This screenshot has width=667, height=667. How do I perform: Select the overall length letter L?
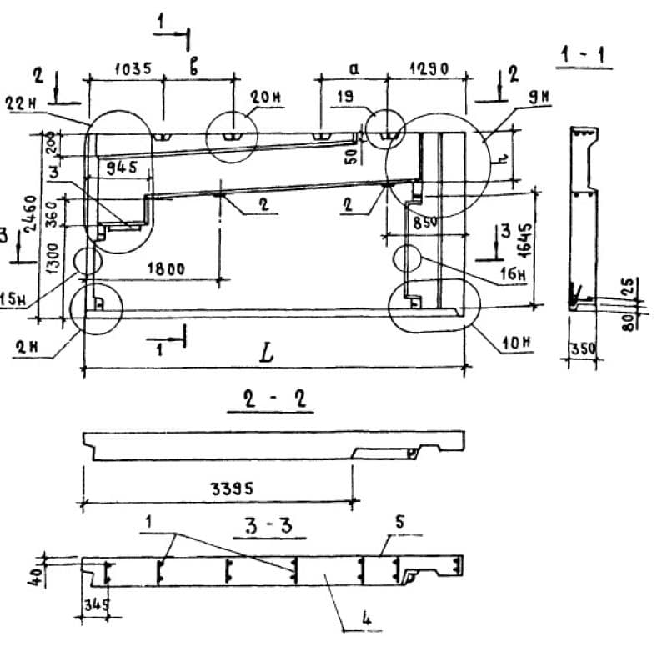266,354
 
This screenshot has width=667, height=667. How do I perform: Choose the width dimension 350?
583,348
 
